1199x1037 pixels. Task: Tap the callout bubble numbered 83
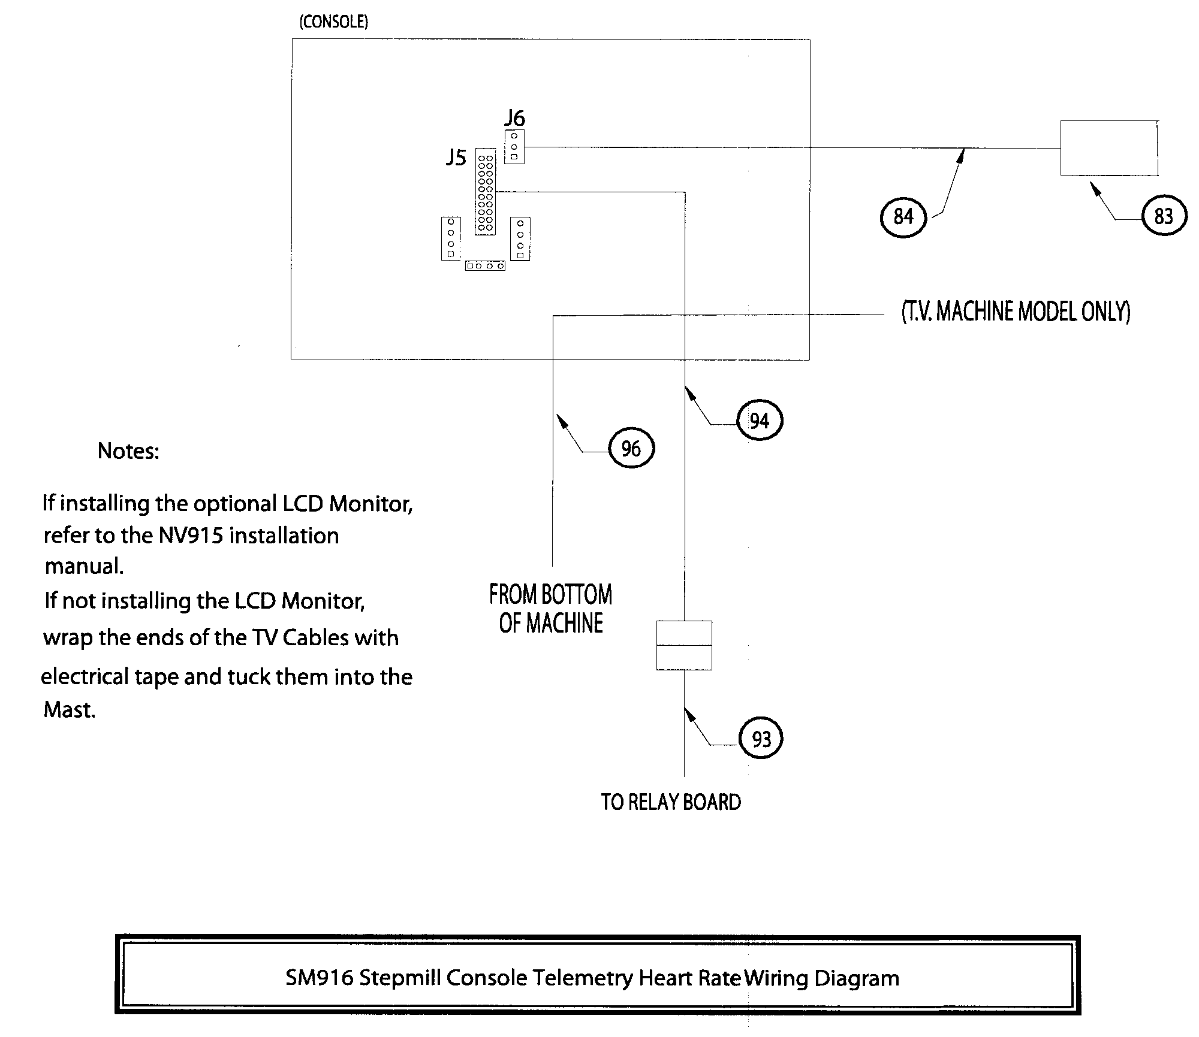click(x=1163, y=216)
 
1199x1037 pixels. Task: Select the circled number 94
click(x=759, y=421)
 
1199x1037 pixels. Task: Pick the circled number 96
click(x=631, y=448)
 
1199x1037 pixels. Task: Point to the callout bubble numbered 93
click(x=761, y=739)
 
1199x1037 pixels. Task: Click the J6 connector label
click(x=514, y=117)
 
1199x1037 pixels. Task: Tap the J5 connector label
click(x=456, y=158)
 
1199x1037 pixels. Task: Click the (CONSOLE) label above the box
click(x=333, y=22)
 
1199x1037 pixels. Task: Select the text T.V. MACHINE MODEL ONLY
click(x=1016, y=312)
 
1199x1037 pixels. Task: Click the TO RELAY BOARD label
click(x=671, y=802)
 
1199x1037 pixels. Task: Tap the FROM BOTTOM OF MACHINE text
click(x=550, y=609)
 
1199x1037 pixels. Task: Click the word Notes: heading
click(x=128, y=451)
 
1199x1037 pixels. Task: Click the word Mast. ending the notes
click(x=69, y=710)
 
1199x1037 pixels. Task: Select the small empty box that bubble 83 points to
click(x=1108, y=148)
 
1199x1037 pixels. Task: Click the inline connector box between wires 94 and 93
click(x=684, y=645)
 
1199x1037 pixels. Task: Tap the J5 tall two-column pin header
click(x=486, y=191)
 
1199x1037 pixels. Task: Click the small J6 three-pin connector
click(x=514, y=147)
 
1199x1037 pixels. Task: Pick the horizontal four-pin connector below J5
click(x=484, y=265)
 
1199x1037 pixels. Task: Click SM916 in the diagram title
click(x=319, y=978)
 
